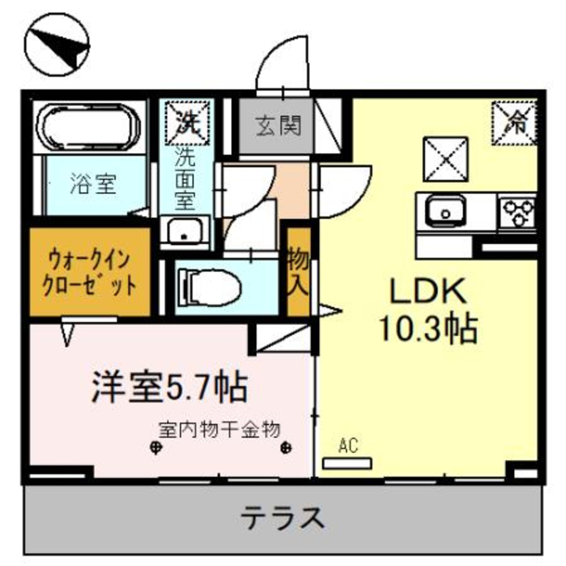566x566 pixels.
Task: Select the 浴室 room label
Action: point(93,185)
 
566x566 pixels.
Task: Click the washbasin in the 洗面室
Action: point(185,231)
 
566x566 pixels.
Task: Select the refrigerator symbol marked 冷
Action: point(514,121)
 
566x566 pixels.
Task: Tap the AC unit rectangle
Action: point(347,464)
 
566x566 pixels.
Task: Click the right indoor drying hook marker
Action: point(286,448)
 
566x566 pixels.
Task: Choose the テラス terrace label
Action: point(283,516)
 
